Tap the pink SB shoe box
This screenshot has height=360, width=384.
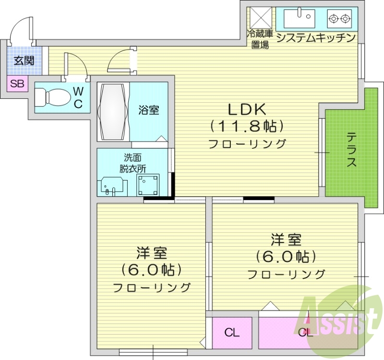(17, 84)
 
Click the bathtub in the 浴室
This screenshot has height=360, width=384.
(113, 111)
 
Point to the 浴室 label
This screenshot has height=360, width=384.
(149, 110)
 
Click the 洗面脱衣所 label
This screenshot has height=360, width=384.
(133, 163)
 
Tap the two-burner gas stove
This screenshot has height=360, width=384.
(339, 19)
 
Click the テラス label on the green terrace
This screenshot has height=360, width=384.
(352, 150)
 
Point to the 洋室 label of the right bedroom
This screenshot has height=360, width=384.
(286, 239)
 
